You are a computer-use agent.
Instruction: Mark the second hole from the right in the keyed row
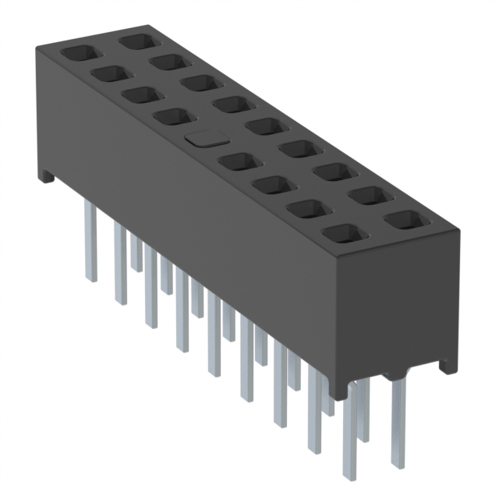coord(303,208)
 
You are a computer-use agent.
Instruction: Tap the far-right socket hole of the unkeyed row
coord(402,219)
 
